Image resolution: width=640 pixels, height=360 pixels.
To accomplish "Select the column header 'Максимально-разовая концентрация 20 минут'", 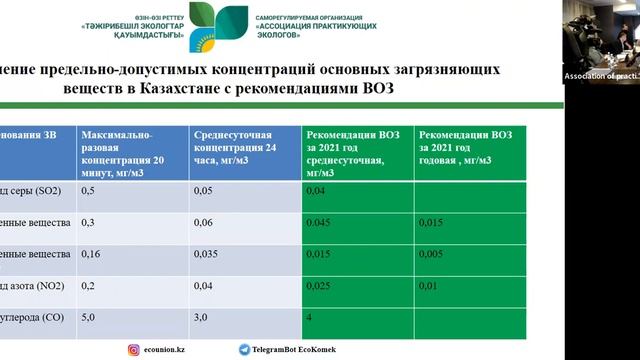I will [130, 150].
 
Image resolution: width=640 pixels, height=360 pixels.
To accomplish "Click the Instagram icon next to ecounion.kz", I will [133, 349].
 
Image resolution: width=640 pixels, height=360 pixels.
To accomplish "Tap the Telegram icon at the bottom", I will [244, 349].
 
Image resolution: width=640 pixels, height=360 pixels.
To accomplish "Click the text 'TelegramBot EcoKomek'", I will [294, 350].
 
